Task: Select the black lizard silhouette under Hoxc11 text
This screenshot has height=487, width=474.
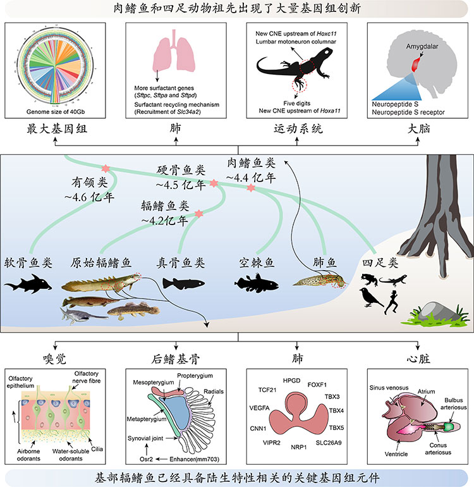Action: pos(295,70)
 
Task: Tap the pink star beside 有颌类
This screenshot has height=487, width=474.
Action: pos(106,169)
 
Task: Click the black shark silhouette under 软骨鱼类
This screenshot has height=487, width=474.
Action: pos(28,286)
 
